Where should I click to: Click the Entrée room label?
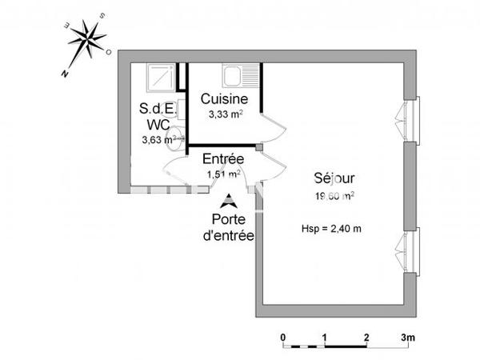click(223, 158)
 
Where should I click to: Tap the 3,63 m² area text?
click(159, 140)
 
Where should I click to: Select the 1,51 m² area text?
click(223, 173)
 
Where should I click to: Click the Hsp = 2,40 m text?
click(331, 227)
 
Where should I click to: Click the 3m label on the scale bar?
click(409, 338)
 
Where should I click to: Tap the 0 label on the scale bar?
click(283, 338)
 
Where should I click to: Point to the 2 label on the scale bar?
click(366, 338)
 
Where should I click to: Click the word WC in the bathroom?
click(157, 124)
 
